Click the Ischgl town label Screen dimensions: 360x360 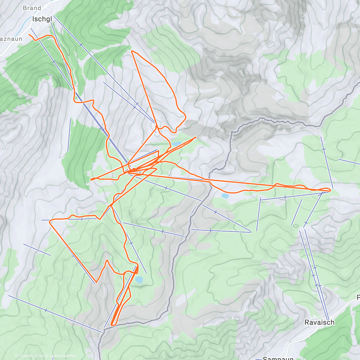pos(42,19)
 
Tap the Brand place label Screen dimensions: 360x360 pos(32,8)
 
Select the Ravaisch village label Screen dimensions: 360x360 pos(319,322)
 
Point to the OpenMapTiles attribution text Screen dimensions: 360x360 pos(29,356)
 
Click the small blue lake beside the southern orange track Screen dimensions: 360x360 pos(139,280)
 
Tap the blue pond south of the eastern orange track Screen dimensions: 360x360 pos(225,196)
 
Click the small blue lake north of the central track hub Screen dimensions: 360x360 pos(176,144)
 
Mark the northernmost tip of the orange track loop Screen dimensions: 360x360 pos(132,51)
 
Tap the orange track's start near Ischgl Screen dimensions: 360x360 pos(29,35)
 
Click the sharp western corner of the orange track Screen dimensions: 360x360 pos(50,221)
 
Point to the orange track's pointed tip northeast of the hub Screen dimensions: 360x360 pos(196,137)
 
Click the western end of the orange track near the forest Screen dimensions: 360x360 pos(91,179)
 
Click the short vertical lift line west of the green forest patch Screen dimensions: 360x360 pos(69,135)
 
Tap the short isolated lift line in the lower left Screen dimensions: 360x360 pos(37,250)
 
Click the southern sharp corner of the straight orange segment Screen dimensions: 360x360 pos(96,283)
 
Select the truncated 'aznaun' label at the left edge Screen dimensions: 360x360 pos(11,39)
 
